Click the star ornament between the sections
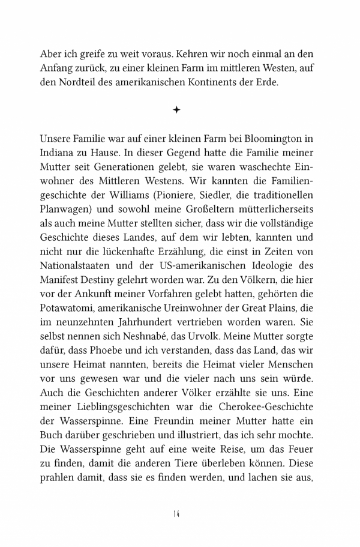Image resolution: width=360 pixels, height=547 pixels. point(176,110)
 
